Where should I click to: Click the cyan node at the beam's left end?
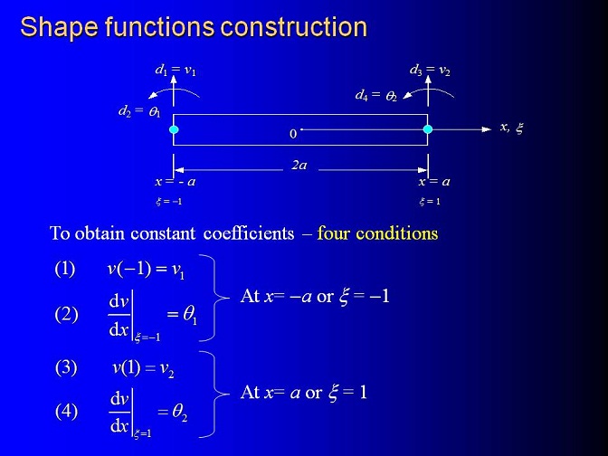pyautogui.click(x=174, y=129)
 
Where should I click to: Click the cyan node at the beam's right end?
pyautogui.click(x=428, y=129)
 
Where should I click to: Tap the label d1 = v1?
pyautogui.click(x=176, y=71)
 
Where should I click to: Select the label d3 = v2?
pyautogui.click(x=430, y=71)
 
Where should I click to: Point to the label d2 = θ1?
pyautogui.click(x=139, y=111)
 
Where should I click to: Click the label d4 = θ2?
pyautogui.click(x=376, y=95)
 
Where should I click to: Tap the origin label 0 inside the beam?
pyautogui.click(x=293, y=134)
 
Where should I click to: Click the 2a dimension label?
pyautogui.click(x=299, y=166)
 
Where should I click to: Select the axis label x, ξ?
pyautogui.click(x=512, y=128)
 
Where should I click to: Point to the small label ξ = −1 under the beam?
pyautogui.click(x=168, y=201)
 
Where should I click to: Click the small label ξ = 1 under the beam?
pyautogui.click(x=430, y=201)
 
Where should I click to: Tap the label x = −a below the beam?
pyautogui.click(x=176, y=182)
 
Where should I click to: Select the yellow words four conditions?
pyautogui.click(x=377, y=233)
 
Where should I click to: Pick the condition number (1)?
pyautogui.click(x=65, y=269)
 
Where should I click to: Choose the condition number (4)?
pyautogui.click(x=66, y=411)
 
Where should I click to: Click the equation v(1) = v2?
pyautogui.click(x=143, y=367)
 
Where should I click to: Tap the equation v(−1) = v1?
pyautogui.click(x=146, y=269)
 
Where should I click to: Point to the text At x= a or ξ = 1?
pyautogui.click(x=303, y=392)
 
